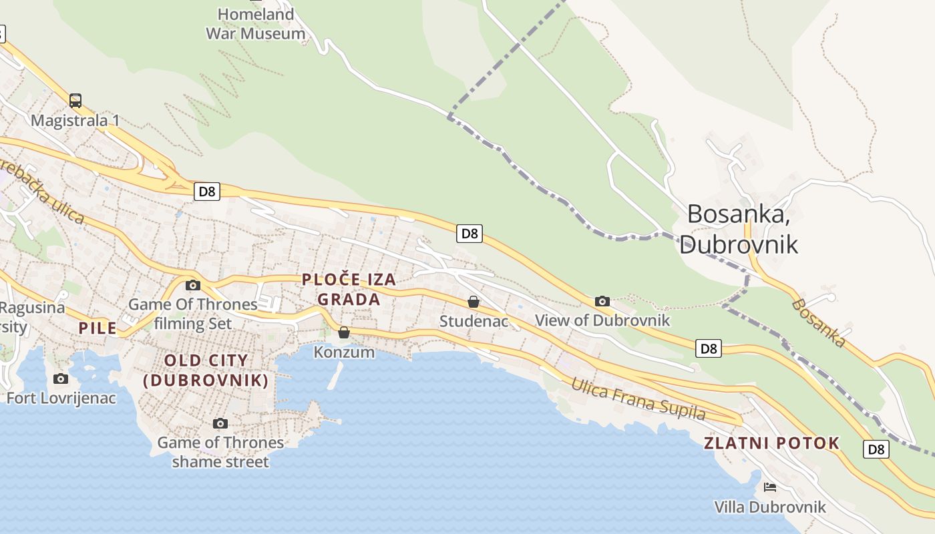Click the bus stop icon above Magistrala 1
point(75,101)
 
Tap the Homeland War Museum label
point(255,24)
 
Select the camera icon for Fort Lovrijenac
point(61,379)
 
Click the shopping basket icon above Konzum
point(344,332)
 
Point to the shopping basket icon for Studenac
point(474,302)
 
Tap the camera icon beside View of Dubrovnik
point(602,301)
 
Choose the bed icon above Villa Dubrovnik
point(770,487)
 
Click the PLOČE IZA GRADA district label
point(349,290)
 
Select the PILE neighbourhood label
point(98,328)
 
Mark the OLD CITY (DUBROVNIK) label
point(206,371)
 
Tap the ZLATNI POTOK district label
point(771,443)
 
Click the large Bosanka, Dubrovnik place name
point(739,229)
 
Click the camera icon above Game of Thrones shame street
point(220,423)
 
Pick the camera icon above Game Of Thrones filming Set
point(193,285)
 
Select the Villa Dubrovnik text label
point(770,507)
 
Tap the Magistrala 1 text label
point(75,121)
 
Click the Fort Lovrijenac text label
point(61,398)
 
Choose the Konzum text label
point(344,352)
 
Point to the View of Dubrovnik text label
point(602,320)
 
